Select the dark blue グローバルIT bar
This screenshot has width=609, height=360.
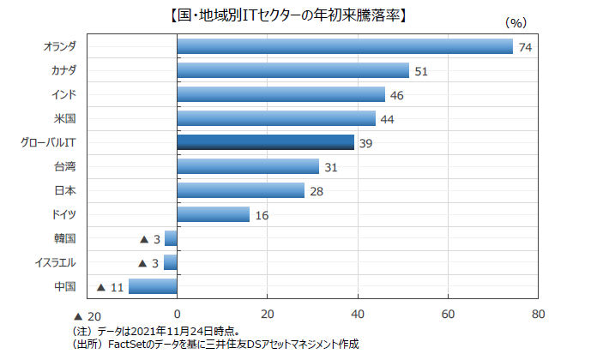pyautogui.click(x=266, y=142)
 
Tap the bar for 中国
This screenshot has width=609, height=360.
pyautogui.click(x=153, y=286)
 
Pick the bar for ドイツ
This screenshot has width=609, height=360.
pyautogui.click(x=214, y=214)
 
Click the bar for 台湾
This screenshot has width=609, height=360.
pyautogui.click(x=248, y=166)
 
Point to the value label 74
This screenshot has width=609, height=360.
pyautogui.click(x=526, y=47)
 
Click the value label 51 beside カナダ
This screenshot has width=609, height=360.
pyautogui.click(x=420, y=71)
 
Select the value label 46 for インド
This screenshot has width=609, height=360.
pyautogui.click(x=397, y=95)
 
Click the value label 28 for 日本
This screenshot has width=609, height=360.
pyautogui.click(x=317, y=191)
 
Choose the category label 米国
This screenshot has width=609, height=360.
pyautogui.click(x=65, y=118)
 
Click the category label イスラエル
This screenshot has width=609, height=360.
pyautogui.click(x=55, y=262)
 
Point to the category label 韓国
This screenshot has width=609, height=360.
pyautogui.click(x=65, y=238)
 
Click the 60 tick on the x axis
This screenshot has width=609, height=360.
pyautogui.click(x=448, y=314)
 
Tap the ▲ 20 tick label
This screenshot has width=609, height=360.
pyautogui.click(x=87, y=315)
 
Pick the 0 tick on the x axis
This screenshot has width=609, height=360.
pyautogui.click(x=177, y=314)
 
